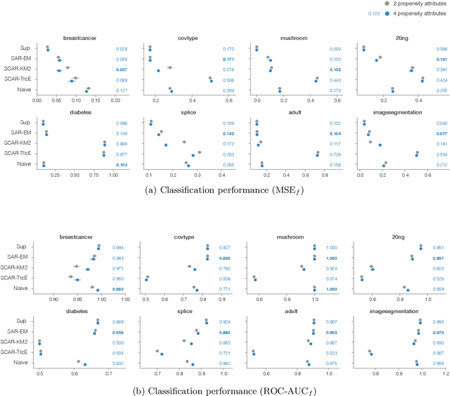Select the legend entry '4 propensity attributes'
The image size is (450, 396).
click(415, 13)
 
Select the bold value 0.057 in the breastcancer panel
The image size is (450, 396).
click(121, 70)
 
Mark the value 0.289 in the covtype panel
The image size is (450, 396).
click(228, 91)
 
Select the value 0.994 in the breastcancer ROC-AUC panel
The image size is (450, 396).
click(121, 248)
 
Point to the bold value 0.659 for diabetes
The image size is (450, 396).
click(121, 332)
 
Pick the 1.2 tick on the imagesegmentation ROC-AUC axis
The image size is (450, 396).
click(444, 374)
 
